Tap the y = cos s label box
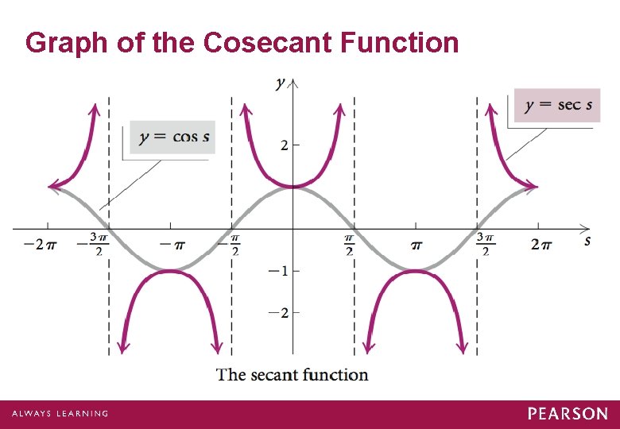[x=172, y=137]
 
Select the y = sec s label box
[x=557, y=106]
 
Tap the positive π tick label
[x=416, y=244]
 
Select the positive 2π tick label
[x=541, y=244]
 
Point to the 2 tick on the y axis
[x=283, y=145]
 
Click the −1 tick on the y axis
[x=278, y=270]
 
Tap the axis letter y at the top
[x=281, y=83]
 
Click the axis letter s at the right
[x=587, y=240]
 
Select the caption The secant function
[x=293, y=374]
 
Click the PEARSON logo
[x=568, y=414]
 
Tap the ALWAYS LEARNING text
[x=60, y=414]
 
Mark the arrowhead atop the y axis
[x=293, y=81]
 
